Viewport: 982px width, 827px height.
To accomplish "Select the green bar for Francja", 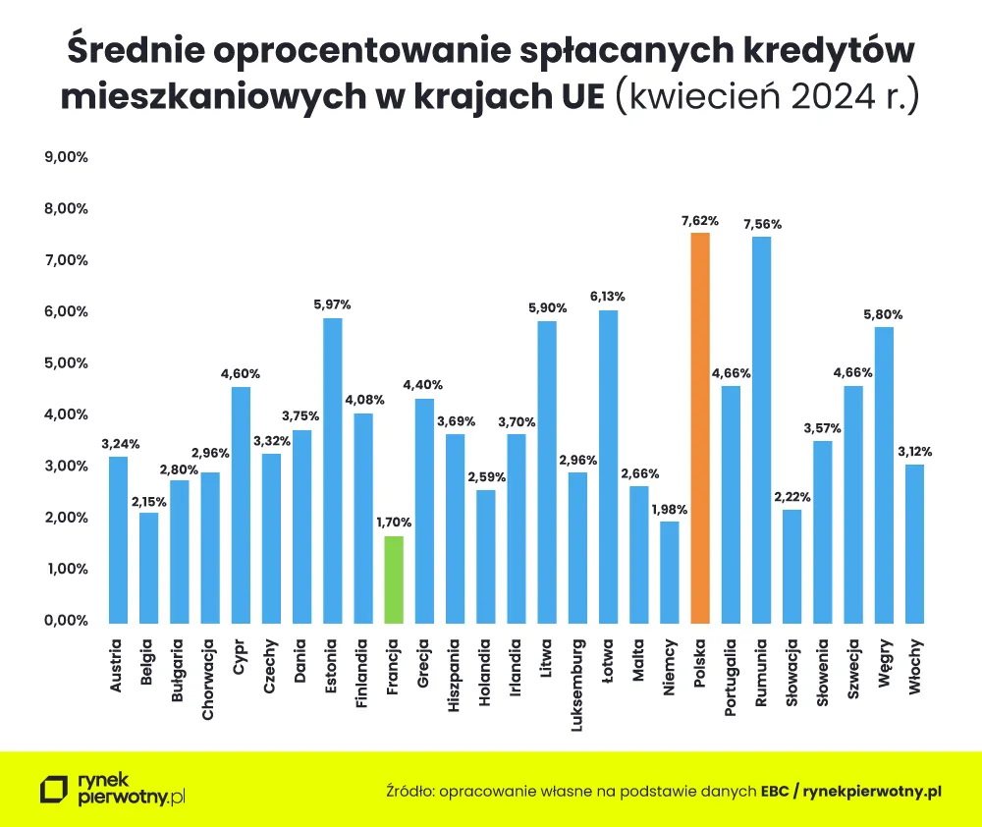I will (394, 579).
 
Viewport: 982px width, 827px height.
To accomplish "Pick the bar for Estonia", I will (333, 470).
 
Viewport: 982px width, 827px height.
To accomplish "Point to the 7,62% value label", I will (700, 221).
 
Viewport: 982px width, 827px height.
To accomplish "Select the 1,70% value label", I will (394, 523).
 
